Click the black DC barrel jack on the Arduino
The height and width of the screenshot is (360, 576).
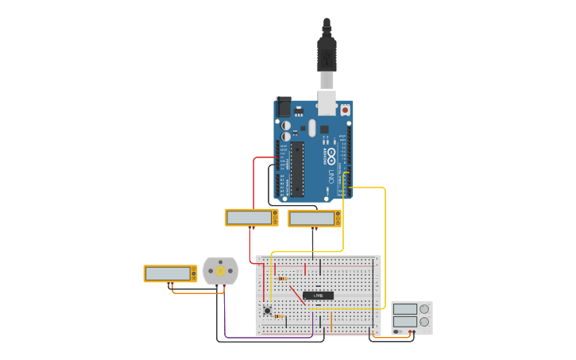click(x=283, y=106)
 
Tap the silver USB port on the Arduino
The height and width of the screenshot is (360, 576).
click(x=327, y=103)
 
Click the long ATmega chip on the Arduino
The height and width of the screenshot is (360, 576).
click(x=297, y=168)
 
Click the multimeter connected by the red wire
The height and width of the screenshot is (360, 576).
click(x=251, y=217)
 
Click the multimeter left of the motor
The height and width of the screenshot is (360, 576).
click(x=169, y=273)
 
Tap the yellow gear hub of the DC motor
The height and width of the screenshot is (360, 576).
click(x=220, y=271)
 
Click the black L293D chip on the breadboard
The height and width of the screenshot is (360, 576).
click(x=318, y=296)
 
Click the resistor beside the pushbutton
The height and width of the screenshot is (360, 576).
click(x=278, y=316)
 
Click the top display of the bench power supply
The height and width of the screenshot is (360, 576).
click(x=404, y=309)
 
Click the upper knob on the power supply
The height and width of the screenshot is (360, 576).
click(x=424, y=309)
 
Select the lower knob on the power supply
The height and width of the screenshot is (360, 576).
click(x=424, y=323)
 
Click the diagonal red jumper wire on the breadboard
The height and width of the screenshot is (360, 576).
click(x=293, y=295)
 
